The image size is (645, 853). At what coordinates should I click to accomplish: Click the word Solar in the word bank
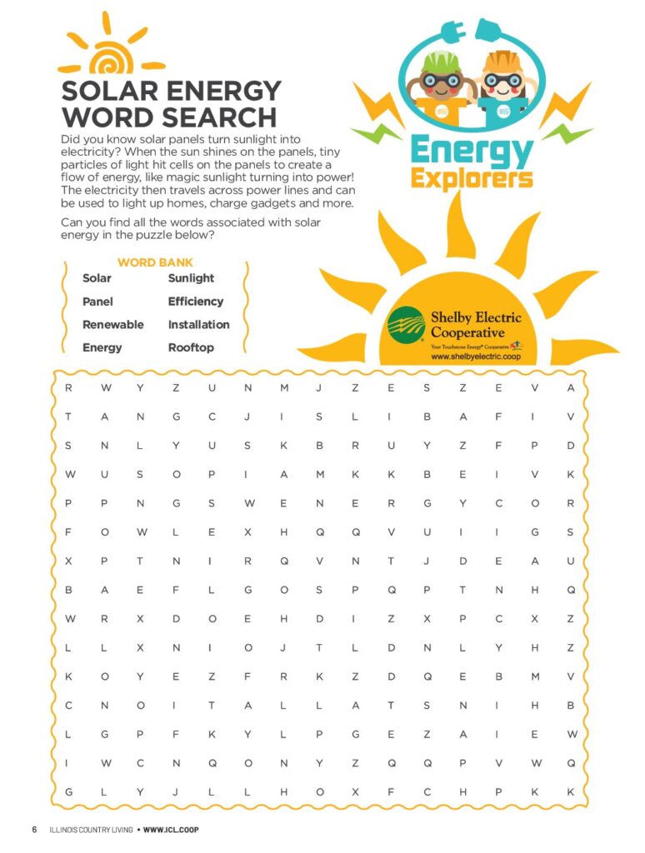point(97,278)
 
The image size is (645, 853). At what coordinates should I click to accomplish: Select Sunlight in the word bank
point(191,278)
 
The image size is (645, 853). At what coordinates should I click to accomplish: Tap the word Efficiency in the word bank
point(196,302)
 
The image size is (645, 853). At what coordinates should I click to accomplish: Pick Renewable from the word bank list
point(112,325)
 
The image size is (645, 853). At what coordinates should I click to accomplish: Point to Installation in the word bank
point(198,325)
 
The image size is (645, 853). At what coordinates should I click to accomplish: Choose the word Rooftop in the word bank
point(191,348)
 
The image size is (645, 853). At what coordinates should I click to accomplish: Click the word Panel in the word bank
point(97,302)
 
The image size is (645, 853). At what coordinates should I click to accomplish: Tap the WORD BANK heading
point(155,262)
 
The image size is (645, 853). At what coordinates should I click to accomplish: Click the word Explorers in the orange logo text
point(472,177)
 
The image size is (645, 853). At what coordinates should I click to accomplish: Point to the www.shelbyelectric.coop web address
point(476,356)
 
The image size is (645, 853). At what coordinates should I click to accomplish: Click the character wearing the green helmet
point(437,79)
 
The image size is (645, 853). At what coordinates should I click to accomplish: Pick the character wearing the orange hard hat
point(502,79)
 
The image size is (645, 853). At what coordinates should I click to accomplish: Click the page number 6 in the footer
point(34,830)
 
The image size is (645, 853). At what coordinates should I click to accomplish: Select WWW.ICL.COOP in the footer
point(171,830)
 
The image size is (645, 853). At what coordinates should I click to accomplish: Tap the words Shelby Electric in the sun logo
point(476,317)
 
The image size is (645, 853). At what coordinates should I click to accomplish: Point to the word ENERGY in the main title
point(224,90)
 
